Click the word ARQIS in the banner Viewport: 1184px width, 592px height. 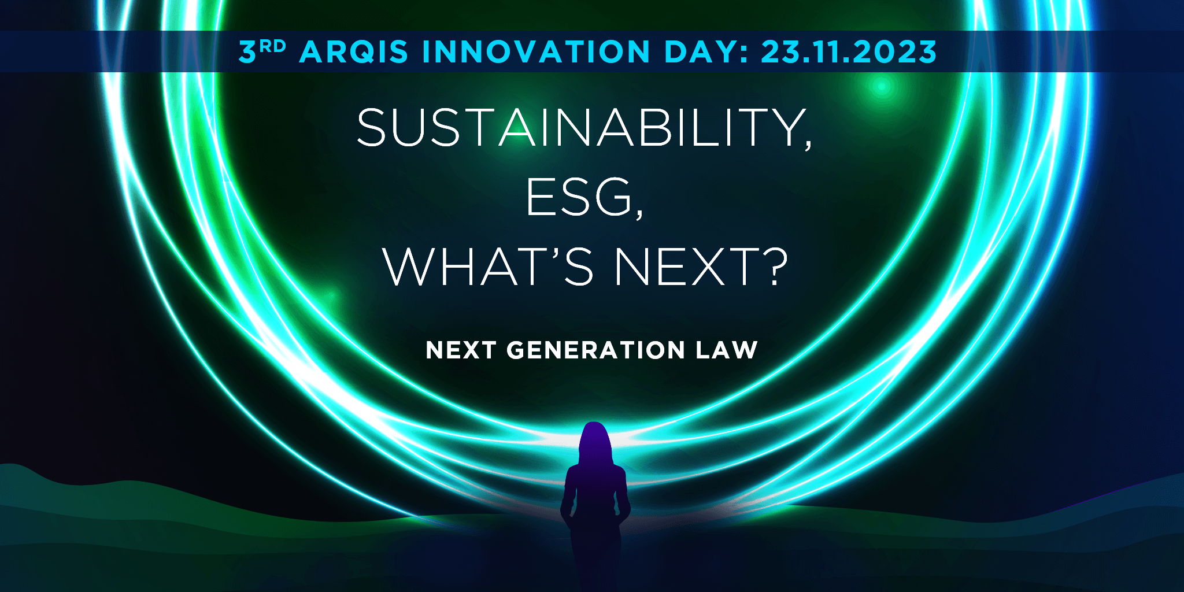pos(354,52)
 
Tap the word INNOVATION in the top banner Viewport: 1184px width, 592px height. pos(536,52)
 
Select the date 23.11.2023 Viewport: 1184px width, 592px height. pos(849,52)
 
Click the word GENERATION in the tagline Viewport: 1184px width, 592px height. pos(595,350)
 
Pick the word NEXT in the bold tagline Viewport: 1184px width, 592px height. pos(461,350)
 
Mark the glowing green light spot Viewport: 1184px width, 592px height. pos(882,87)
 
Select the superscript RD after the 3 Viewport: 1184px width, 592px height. pos(273,46)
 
